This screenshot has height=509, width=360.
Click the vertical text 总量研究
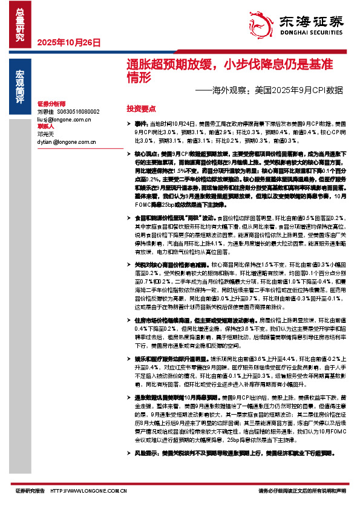[19, 24]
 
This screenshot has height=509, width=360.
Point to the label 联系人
[46, 127]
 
